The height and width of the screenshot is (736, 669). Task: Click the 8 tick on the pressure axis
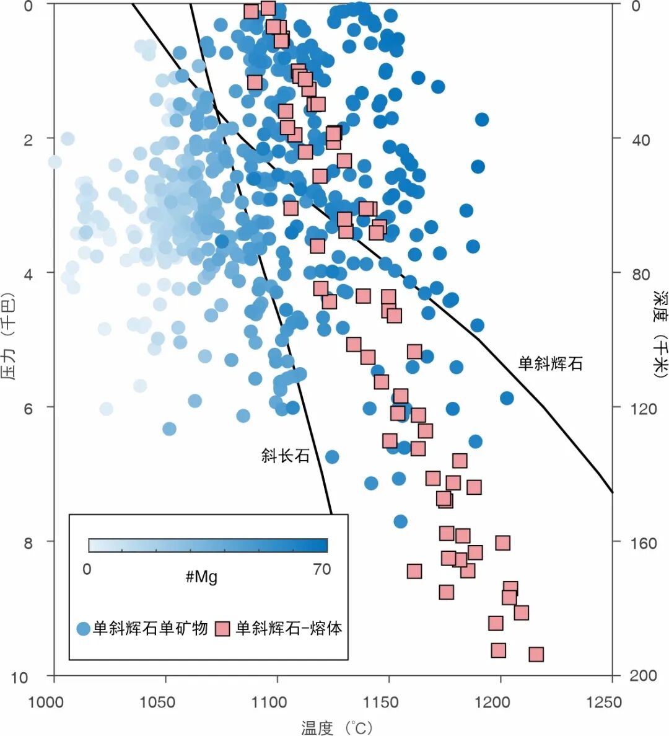click(28, 543)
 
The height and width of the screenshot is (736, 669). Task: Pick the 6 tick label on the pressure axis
click(28, 408)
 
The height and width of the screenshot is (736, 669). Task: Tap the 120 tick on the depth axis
click(643, 408)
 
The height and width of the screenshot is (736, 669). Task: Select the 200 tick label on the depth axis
click(643, 676)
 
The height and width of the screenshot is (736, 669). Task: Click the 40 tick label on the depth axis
click(640, 140)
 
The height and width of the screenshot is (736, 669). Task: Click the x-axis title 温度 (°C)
click(337, 727)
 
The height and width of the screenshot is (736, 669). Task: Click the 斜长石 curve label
click(285, 456)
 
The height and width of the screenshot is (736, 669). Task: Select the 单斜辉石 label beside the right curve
click(550, 363)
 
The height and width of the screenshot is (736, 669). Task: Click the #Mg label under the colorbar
click(201, 577)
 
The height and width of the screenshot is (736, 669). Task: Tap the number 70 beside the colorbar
click(321, 569)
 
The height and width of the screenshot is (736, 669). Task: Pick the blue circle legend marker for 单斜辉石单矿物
click(84, 629)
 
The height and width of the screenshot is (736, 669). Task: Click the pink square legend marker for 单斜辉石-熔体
click(222, 629)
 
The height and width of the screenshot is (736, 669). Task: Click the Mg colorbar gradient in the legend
click(208, 546)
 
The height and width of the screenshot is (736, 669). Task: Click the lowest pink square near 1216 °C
click(536, 654)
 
